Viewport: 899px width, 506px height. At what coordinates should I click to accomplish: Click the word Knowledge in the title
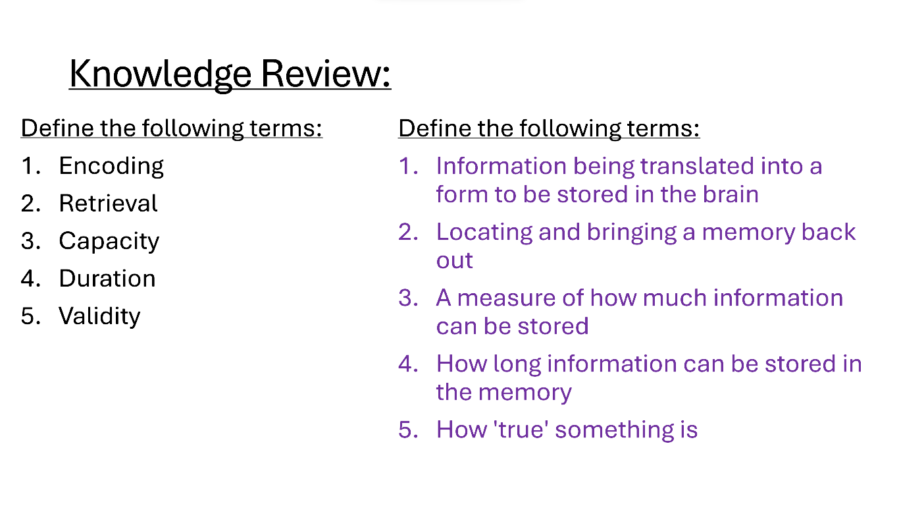click(x=160, y=74)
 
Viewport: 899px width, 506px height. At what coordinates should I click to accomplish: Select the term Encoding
click(x=111, y=167)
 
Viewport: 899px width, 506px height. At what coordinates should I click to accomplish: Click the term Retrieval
click(x=109, y=203)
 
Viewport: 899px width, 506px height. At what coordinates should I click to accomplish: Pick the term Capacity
click(x=109, y=242)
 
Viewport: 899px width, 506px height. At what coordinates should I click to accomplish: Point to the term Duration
click(x=107, y=278)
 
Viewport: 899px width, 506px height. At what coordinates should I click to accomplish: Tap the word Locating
click(x=484, y=233)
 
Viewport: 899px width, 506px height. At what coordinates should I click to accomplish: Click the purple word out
click(x=455, y=260)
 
